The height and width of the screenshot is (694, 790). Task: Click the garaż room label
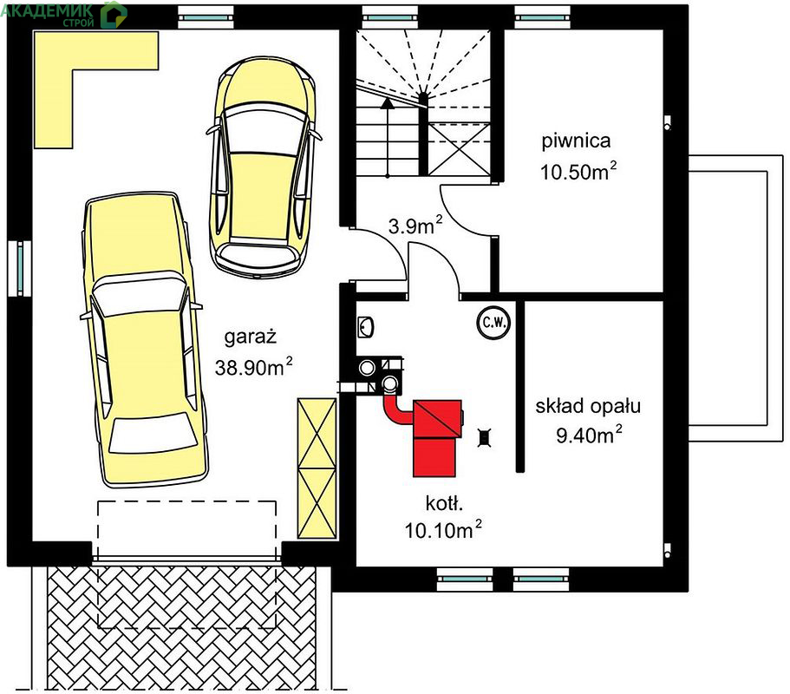click(251, 337)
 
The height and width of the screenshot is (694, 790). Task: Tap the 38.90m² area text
click(253, 366)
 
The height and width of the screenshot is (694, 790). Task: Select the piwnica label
click(576, 141)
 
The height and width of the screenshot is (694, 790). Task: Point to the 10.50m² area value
click(578, 172)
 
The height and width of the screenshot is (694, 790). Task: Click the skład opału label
click(588, 406)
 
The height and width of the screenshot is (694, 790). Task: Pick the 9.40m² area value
click(589, 435)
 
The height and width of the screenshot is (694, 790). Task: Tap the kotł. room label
click(444, 502)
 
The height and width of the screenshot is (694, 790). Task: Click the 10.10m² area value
click(443, 530)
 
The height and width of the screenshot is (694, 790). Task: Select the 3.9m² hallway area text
click(415, 226)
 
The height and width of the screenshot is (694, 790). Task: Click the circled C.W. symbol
click(493, 322)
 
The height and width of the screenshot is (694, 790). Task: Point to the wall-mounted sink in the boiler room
click(365, 327)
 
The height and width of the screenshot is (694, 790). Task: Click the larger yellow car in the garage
click(145, 340)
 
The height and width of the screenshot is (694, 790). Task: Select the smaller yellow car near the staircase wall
click(264, 168)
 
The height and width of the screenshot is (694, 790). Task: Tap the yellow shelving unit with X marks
click(317, 468)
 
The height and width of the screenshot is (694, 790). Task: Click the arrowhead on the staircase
click(387, 103)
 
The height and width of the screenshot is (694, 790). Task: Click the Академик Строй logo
click(63, 14)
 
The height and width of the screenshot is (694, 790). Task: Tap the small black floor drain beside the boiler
click(484, 437)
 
